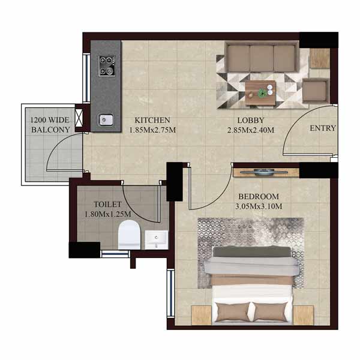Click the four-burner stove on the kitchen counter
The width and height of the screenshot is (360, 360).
(x=107, y=66)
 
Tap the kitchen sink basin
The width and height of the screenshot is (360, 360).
(x=106, y=120)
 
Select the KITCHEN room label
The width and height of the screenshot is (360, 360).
(x=152, y=120)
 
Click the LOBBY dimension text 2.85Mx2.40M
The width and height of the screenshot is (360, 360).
(x=251, y=130)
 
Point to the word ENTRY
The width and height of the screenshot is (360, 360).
(x=323, y=128)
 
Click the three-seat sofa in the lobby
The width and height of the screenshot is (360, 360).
(x=262, y=57)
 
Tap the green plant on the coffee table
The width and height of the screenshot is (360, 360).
(x=262, y=93)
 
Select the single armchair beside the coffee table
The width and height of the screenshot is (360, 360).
(x=316, y=91)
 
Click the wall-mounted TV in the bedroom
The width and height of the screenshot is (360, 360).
(x=264, y=172)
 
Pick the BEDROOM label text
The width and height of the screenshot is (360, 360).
(x=259, y=197)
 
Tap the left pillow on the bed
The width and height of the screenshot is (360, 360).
(x=232, y=311)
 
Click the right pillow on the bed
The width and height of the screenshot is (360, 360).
(x=271, y=311)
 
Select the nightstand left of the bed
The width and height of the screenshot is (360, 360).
(x=202, y=316)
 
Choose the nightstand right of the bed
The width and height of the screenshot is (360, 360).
(x=303, y=316)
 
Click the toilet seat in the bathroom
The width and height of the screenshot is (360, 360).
(x=129, y=235)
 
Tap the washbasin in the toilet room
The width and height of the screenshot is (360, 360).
(x=157, y=239)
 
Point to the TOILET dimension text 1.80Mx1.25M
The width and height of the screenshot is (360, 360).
(x=108, y=214)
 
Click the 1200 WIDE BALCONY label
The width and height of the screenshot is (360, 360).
(x=50, y=125)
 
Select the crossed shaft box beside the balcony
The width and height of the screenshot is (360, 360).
(x=79, y=118)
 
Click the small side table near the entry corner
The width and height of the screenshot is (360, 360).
(x=320, y=58)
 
